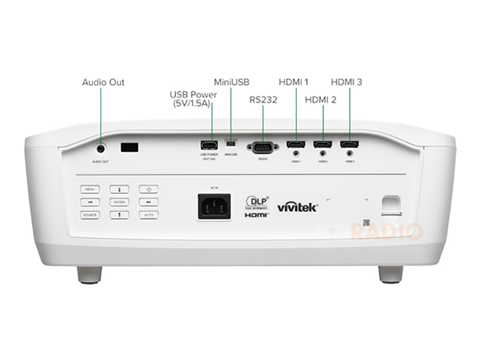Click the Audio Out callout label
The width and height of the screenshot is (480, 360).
point(103,82)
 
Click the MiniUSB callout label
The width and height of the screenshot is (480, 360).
point(232,81)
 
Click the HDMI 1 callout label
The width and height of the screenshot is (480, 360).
point(293,81)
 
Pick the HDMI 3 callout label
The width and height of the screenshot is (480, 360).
point(346,81)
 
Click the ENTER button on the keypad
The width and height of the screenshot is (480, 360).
point(119,202)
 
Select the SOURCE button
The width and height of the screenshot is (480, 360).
point(90,214)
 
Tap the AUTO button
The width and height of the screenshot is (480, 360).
point(148,214)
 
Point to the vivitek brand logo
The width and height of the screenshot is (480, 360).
point(297,207)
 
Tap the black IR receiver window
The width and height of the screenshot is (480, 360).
point(130,146)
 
